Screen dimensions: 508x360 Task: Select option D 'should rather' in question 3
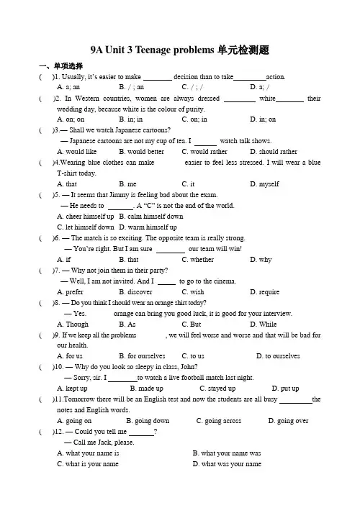click(x=271, y=152)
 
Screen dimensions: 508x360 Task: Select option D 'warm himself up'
click(x=148, y=227)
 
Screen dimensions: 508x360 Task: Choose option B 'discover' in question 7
click(x=135, y=292)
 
